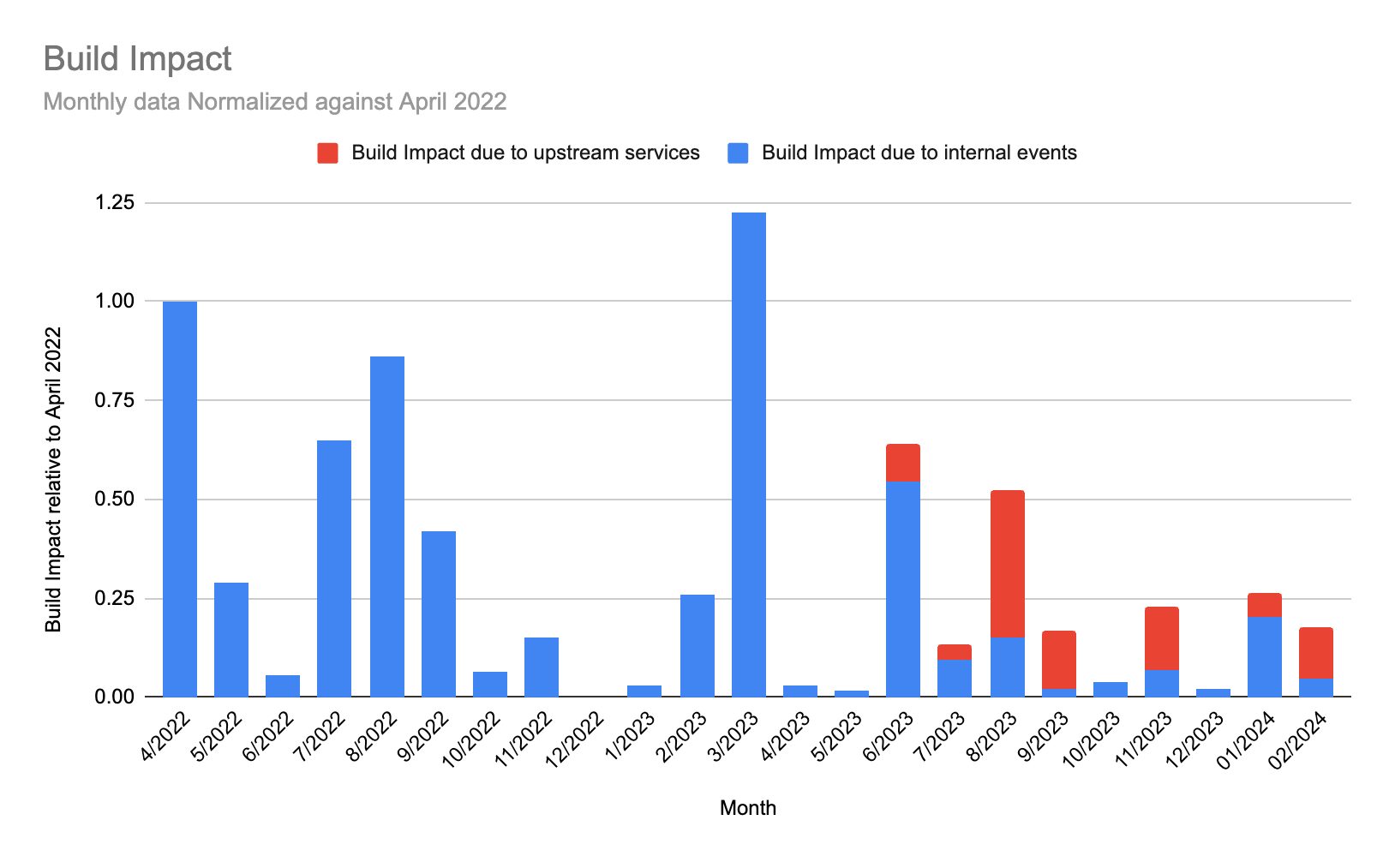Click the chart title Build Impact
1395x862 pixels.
click(x=137, y=59)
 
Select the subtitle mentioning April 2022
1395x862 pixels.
click(x=274, y=102)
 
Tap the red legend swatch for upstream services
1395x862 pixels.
click(x=327, y=153)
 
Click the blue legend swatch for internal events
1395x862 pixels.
click(x=738, y=153)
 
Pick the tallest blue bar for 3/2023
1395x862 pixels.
click(x=748, y=454)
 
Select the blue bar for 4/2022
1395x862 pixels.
click(x=180, y=499)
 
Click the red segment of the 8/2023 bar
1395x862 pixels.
click(x=1007, y=564)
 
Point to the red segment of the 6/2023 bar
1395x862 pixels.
click(x=902, y=463)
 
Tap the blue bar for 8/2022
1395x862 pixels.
click(x=386, y=526)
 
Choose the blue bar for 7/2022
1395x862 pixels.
click(x=334, y=568)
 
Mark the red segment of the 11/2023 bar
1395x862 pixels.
click(x=1161, y=638)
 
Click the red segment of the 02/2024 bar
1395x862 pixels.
click(x=1315, y=653)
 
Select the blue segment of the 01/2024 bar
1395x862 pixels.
click(x=1264, y=656)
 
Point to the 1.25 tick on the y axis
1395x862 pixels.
click(x=115, y=203)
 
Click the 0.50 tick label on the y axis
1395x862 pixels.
click(x=115, y=500)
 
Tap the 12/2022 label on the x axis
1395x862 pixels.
click(x=575, y=739)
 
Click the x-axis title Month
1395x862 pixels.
click(x=747, y=808)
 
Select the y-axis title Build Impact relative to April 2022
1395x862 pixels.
click(x=54, y=480)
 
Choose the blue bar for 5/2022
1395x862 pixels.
click(x=231, y=639)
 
